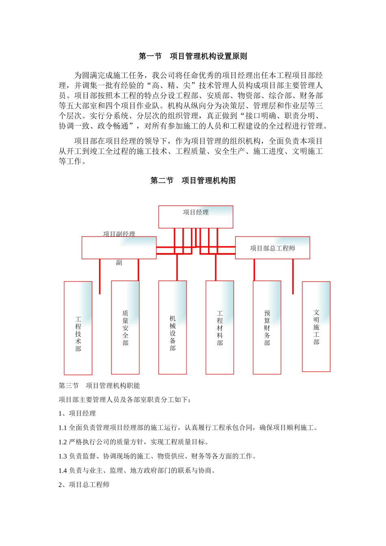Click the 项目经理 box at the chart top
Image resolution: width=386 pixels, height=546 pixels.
[x=195, y=217]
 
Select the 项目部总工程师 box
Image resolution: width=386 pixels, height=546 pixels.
[x=272, y=248]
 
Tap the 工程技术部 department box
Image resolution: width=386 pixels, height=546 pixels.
[x=78, y=328]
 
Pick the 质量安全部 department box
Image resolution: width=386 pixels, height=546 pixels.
[x=125, y=327]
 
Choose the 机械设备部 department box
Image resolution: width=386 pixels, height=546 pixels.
[x=172, y=327]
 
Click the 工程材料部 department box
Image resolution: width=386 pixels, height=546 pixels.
[x=219, y=327]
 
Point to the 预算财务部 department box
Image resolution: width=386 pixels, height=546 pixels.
[x=267, y=327]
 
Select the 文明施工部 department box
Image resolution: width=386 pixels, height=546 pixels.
[x=316, y=327]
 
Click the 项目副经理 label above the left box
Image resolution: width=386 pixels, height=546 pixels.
[x=119, y=234]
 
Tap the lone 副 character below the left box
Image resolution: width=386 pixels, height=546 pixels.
[x=119, y=263]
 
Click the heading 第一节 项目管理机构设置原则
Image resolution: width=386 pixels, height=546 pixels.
[x=193, y=56]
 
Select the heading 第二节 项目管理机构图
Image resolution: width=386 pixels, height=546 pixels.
[x=193, y=181]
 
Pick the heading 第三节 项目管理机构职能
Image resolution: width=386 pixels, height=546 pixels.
[x=99, y=386]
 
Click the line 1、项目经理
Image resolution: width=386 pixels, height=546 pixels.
[x=77, y=414]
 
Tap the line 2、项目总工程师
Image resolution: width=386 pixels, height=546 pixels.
[x=84, y=485]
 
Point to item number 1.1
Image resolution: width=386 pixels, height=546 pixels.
[x=63, y=428]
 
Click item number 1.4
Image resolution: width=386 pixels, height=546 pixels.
[x=63, y=470]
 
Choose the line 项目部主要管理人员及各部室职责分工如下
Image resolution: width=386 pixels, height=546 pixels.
[x=125, y=400]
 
